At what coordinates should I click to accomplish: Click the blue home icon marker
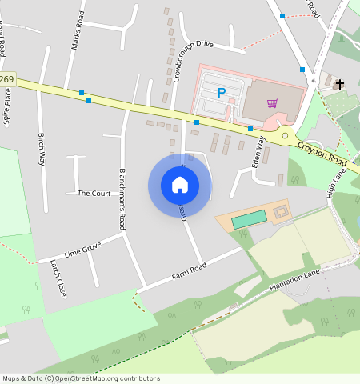coord(180,185)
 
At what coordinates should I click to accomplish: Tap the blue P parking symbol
coord(222,93)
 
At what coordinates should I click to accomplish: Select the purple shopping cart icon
coord(273,102)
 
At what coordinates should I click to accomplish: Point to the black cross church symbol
coord(340,84)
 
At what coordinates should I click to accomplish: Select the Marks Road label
coord(78,30)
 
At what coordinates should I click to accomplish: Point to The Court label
coord(94,194)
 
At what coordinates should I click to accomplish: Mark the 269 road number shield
coord(7,79)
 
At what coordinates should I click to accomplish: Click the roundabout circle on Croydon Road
coord(285,136)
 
